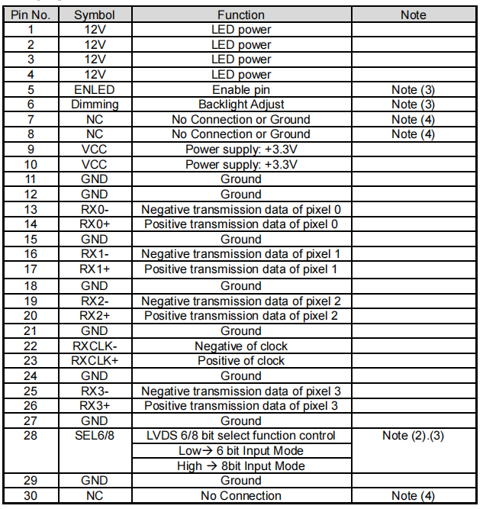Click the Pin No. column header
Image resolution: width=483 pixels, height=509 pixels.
(31, 14)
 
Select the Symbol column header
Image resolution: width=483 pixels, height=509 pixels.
(94, 14)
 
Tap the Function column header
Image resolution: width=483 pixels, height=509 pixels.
(240, 14)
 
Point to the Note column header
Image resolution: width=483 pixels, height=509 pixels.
(413, 14)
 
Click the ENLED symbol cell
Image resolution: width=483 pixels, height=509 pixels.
(94, 89)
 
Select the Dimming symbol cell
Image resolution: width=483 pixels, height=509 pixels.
(94, 105)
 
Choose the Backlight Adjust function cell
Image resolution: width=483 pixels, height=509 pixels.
(240, 105)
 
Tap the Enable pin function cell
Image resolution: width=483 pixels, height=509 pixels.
(240, 89)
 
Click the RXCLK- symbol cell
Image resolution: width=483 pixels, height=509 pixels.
(94, 346)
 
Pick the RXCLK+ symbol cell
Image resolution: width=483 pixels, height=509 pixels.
(94, 361)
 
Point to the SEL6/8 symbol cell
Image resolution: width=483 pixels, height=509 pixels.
(94, 436)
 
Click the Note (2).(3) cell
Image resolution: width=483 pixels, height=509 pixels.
(413, 436)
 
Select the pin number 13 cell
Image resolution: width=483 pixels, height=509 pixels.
(31, 209)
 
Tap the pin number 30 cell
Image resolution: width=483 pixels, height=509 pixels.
(31, 496)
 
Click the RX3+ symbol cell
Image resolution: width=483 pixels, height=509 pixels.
(94, 406)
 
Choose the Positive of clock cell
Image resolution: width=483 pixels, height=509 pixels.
(240, 361)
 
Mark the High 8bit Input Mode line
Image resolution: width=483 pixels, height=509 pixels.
(240, 466)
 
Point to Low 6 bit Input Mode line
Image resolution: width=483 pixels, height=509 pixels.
(240, 451)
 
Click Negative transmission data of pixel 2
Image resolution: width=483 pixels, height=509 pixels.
(240, 301)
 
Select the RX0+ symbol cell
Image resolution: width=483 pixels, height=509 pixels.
(94, 224)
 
